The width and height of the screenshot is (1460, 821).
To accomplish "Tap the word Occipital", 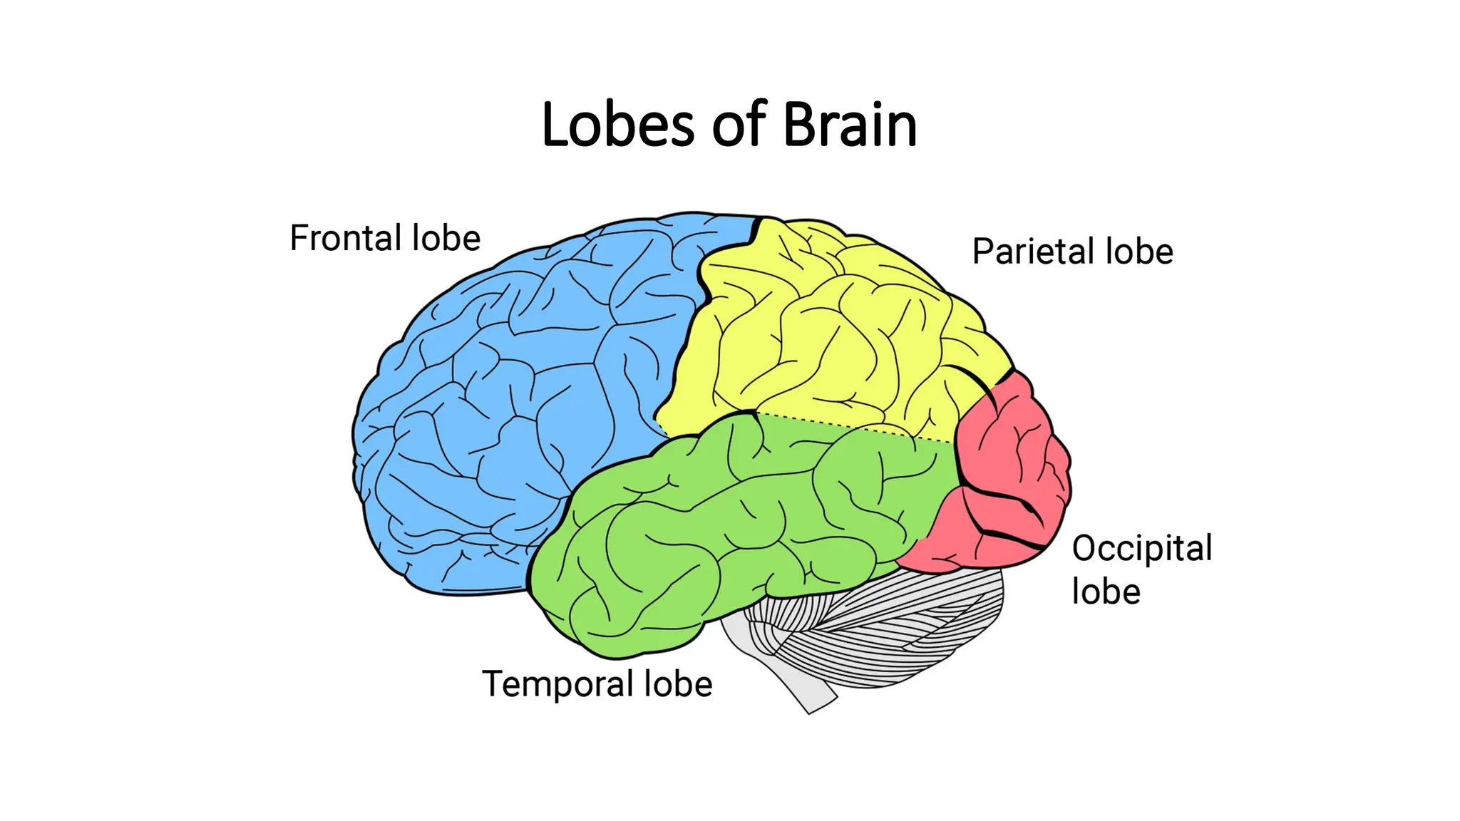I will pos(1142,549).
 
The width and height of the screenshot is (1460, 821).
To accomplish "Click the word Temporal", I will pos(557,684).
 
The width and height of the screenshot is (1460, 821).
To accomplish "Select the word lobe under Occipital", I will pos(1106,592).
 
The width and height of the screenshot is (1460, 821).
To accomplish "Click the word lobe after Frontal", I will pos(446,238).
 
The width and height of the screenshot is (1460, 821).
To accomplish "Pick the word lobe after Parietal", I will pos(1139,252).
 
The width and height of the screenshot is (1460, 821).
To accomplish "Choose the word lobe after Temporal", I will pos(678,684).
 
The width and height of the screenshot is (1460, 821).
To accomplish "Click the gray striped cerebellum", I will pos(891,627).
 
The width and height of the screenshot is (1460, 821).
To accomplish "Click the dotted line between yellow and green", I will pos(855,428).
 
